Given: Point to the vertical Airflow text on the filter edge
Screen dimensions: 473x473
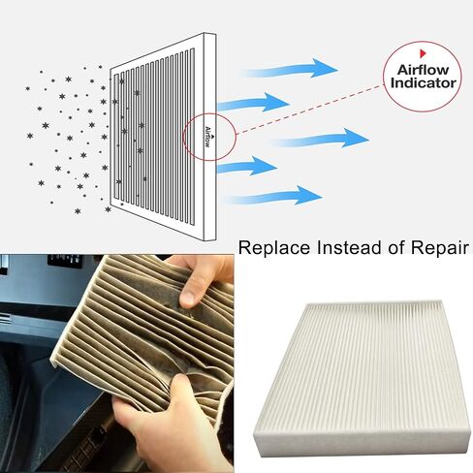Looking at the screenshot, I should (209, 133).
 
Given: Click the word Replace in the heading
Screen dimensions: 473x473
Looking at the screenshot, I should (274, 248).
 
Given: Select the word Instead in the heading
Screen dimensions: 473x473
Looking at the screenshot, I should (349, 248).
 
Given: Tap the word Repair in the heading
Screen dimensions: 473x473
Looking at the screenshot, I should (435, 248).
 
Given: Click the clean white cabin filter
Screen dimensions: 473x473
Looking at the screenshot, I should (359, 373).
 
